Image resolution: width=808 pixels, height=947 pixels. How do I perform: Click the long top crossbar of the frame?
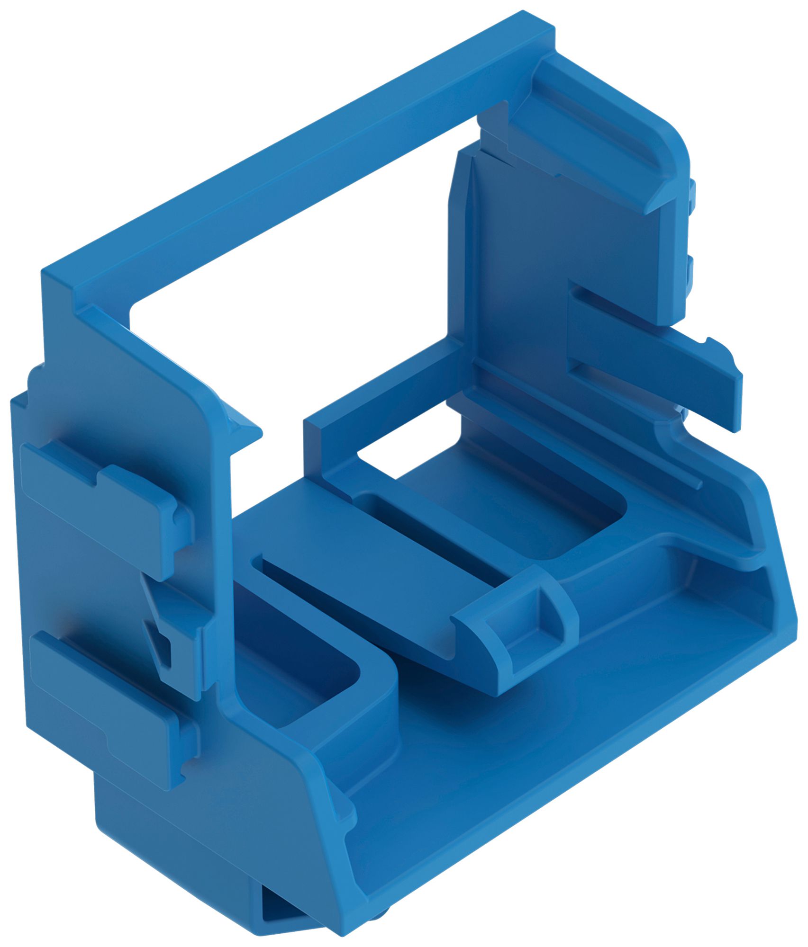(x=294, y=156)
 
